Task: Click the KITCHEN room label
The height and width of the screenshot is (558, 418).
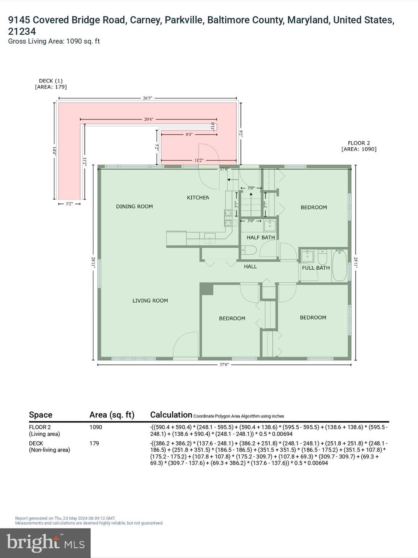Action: (198, 198)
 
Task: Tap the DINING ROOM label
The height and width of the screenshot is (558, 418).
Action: (134, 206)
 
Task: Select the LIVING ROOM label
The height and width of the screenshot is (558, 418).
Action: (150, 300)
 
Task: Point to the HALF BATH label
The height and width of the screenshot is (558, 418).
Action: (261, 238)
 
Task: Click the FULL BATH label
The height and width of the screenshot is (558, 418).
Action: (316, 268)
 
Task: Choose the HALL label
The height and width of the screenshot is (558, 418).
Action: (250, 267)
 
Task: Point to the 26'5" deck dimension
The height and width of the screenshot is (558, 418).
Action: (147, 98)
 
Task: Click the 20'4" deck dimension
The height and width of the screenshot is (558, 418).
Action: (148, 119)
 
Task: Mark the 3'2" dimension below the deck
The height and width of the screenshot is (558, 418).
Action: (69, 204)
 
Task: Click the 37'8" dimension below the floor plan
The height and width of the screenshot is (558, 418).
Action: (224, 364)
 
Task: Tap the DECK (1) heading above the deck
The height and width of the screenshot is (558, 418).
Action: (51, 81)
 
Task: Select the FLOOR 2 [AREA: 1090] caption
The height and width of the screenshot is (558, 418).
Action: (358, 146)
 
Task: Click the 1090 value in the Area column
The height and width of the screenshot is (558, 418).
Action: (96, 427)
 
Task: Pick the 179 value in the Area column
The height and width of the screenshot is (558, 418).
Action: (94, 443)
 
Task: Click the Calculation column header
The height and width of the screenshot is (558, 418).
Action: (171, 415)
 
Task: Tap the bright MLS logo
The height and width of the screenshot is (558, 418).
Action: (45, 543)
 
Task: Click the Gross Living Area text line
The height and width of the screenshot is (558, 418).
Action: (54, 41)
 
